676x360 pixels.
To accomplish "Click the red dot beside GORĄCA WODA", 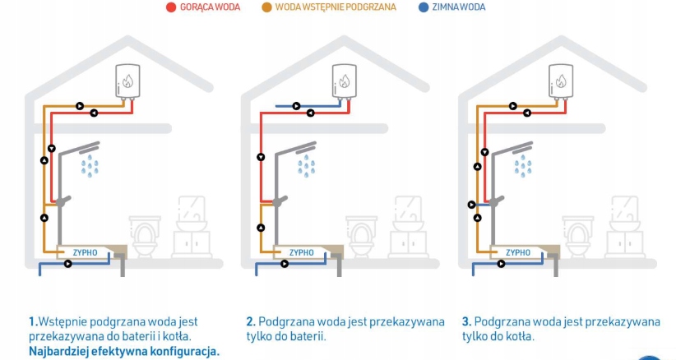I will pyautogui.click(x=171, y=7).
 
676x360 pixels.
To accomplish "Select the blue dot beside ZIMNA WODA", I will pyautogui.click(x=422, y=7).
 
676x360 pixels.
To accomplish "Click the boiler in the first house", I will pyautogui.click(x=128, y=81).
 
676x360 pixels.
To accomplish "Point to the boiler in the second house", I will pyautogui.click(x=345, y=81).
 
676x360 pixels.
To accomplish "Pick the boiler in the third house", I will pyautogui.click(x=561, y=81).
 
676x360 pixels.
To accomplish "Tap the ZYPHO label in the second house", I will pyautogui.click(x=302, y=252).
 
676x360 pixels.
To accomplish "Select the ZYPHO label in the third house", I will pyautogui.click(x=518, y=252).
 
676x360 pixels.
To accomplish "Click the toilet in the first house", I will pyautogui.click(x=145, y=235).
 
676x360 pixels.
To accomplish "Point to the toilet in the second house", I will pyautogui.click(x=361, y=235).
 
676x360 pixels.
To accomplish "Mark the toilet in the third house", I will pyautogui.click(x=578, y=235).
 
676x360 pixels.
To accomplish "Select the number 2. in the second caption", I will pyautogui.click(x=250, y=321).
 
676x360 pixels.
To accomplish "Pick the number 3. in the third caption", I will pyautogui.click(x=466, y=321).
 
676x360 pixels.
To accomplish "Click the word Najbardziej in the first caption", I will pyautogui.click(x=59, y=351).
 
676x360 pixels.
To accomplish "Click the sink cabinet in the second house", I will pyautogui.click(x=409, y=241).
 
